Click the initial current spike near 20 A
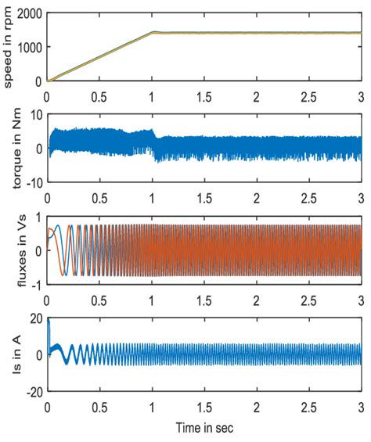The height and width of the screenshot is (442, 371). [x=49, y=321]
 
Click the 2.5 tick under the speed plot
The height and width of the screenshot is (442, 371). [x=308, y=92]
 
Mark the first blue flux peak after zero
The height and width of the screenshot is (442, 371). [x=57, y=226]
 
